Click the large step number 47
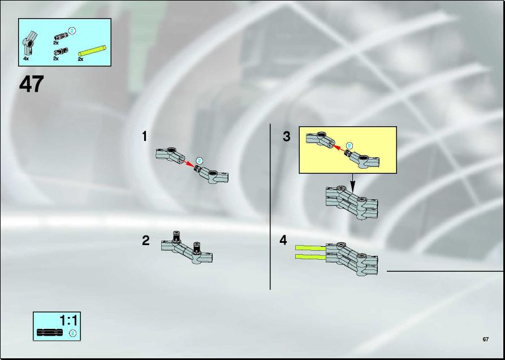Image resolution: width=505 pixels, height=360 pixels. point(31,84)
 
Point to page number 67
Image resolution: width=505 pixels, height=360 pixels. point(486,340)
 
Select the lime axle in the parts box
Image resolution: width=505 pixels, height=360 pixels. point(92,51)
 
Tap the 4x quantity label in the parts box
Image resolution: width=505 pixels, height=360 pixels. point(26,59)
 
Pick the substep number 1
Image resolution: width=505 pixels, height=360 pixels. point(145,136)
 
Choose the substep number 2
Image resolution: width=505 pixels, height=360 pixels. point(145,241)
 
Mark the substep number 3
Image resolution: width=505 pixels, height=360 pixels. point(286,136)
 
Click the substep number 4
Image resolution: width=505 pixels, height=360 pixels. point(283,241)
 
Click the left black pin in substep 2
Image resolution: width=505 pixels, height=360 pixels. point(176,237)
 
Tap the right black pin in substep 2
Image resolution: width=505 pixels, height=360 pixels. point(197,247)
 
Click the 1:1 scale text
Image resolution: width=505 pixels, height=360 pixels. point(68,321)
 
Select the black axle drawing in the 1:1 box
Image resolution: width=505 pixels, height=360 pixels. point(50,332)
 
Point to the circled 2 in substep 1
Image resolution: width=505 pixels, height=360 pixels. point(200,161)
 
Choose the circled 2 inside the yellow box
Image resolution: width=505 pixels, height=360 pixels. point(349,146)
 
